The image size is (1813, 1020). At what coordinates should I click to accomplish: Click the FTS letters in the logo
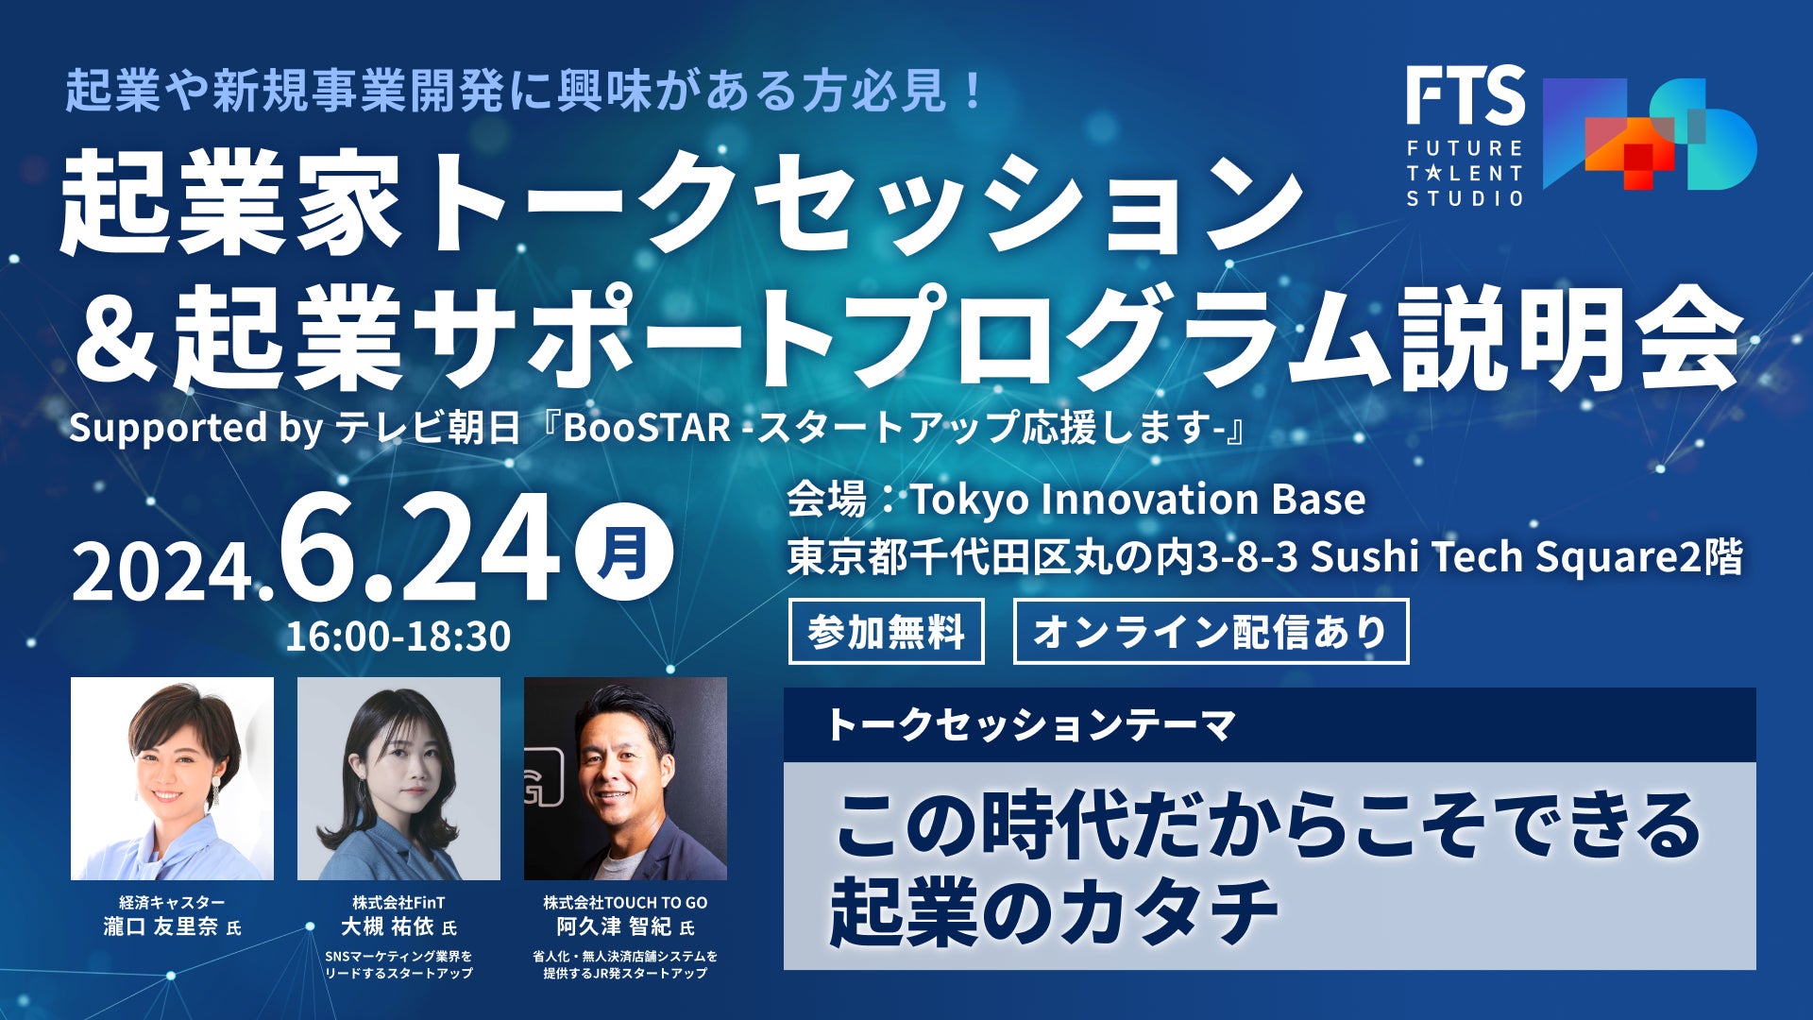click(x=1466, y=95)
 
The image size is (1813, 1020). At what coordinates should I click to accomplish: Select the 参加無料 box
click(x=886, y=631)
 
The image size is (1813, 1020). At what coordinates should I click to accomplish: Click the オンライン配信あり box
click(x=1211, y=631)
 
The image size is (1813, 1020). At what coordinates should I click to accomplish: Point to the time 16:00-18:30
click(x=398, y=636)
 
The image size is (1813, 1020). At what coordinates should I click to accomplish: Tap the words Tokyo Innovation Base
click(x=1138, y=500)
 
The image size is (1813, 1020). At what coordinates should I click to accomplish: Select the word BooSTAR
click(x=647, y=428)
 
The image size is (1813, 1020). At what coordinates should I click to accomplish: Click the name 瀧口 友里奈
click(x=161, y=926)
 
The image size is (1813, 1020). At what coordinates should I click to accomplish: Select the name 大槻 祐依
click(x=387, y=926)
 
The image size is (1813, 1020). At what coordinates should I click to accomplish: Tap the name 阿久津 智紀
click(x=614, y=926)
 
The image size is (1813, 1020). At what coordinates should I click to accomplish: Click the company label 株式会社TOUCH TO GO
click(x=625, y=902)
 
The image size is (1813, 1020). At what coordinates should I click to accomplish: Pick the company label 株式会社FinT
click(x=398, y=902)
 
